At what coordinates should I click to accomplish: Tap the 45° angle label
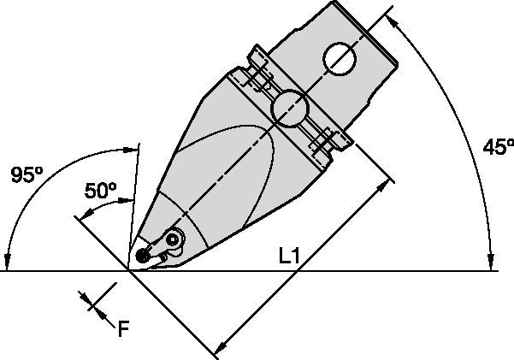point(495,147)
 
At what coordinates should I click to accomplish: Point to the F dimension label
point(123,328)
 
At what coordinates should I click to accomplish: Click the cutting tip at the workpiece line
point(129,270)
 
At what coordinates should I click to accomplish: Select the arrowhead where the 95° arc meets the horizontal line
point(6,263)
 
